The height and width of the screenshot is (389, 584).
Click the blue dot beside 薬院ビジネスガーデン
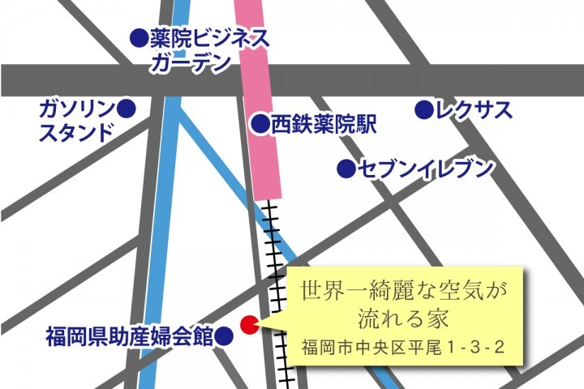(140, 37)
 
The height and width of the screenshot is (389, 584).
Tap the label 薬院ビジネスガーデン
(208, 50)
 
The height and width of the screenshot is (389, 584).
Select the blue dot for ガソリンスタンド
(126, 108)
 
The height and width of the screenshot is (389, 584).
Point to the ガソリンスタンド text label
(77, 120)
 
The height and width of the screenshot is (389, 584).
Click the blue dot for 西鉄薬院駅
(260, 124)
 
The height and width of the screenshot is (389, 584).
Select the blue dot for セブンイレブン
(346, 169)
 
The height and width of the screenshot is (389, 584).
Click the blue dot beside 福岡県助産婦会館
(225, 336)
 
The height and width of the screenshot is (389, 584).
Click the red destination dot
(250, 324)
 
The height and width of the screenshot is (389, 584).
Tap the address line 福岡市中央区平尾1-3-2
(402, 347)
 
